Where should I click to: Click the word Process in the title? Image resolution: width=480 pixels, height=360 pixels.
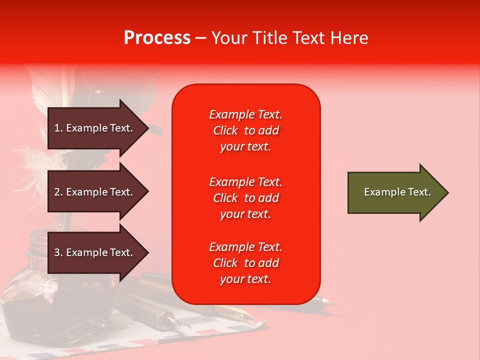(157, 38)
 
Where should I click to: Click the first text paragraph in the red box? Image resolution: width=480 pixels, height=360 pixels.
(245, 130)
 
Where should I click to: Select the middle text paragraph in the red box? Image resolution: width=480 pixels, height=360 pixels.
(245, 198)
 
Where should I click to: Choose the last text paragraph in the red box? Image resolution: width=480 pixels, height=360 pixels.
(245, 263)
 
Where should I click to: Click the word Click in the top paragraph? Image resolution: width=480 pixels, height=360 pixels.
(225, 131)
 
